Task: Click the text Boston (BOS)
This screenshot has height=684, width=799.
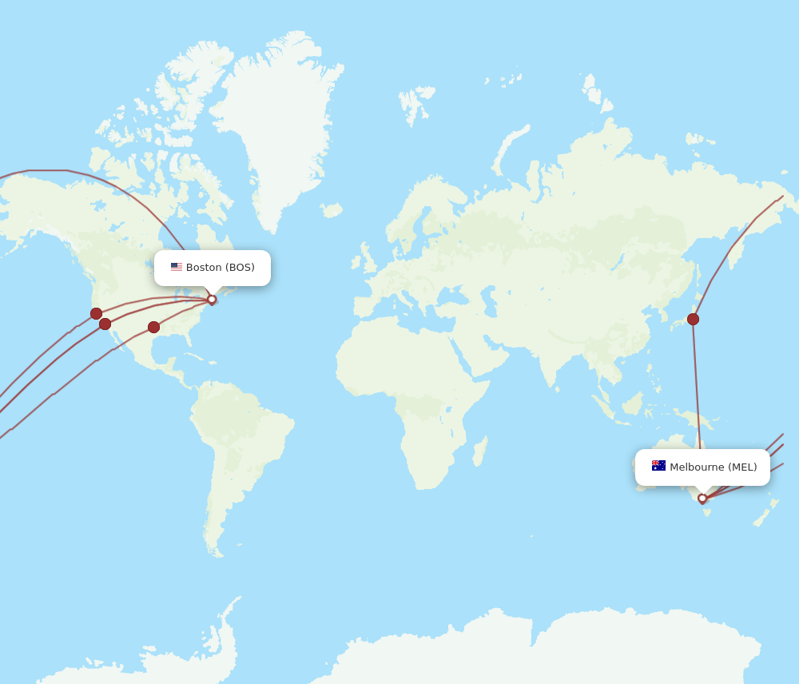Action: (x=220, y=268)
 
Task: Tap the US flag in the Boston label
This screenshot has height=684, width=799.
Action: (x=176, y=268)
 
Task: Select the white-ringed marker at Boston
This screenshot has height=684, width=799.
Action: (x=212, y=300)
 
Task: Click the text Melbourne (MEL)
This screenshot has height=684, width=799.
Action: (x=713, y=467)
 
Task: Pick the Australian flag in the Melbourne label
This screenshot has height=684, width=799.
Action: (x=658, y=466)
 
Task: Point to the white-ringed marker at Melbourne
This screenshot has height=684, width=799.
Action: (x=702, y=499)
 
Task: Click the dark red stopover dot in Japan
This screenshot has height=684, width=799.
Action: (x=693, y=319)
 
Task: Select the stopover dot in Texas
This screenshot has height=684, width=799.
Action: (x=153, y=327)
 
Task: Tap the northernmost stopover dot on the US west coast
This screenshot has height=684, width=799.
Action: (x=96, y=313)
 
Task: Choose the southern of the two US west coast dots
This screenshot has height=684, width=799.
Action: (x=105, y=324)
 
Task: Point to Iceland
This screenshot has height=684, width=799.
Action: (x=332, y=210)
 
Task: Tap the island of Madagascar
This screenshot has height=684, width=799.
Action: (x=479, y=451)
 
